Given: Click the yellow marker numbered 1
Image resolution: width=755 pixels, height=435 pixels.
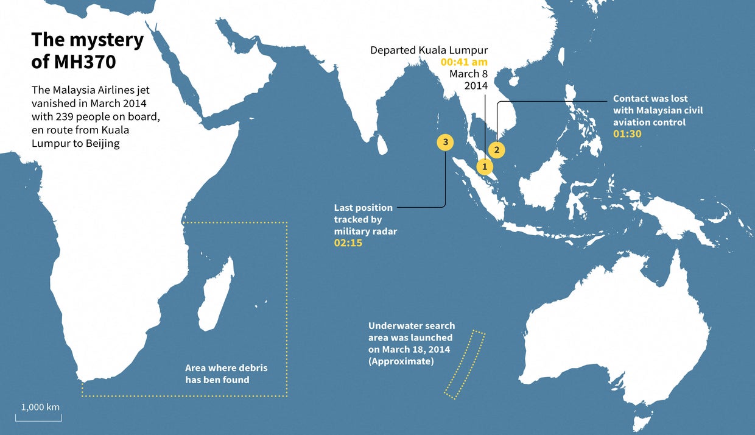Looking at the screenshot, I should click(485, 166).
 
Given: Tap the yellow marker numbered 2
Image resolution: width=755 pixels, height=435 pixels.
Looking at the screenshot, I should click(497, 149).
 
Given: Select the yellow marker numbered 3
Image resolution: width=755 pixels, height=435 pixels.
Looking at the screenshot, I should click(446, 142).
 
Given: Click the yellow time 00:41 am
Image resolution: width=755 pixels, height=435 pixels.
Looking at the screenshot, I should click(465, 62).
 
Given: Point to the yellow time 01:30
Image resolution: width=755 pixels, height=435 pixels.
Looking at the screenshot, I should click(627, 134).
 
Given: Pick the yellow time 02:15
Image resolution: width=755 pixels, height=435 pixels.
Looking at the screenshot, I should click(348, 243).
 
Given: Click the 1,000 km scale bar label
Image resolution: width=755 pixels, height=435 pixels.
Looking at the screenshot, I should click(41, 407).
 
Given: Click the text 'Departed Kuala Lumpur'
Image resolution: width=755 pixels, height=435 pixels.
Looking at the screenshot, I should click(429, 50).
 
